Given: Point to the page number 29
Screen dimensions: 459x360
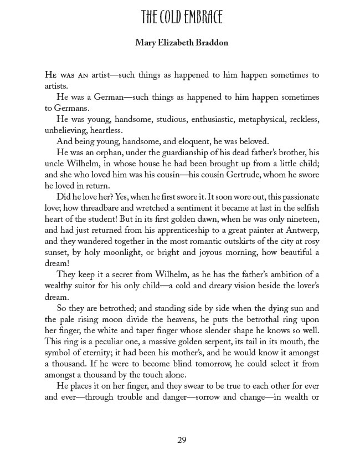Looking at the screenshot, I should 182,440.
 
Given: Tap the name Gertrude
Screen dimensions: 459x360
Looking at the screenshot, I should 239,175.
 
